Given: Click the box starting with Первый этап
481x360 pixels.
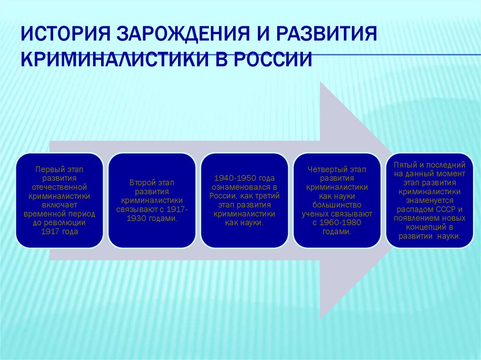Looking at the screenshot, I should click(59, 200).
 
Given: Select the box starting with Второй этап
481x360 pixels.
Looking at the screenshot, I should click(152, 200).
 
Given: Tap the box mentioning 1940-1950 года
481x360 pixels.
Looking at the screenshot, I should click(244, 200).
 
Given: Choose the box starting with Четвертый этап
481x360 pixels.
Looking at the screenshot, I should click(337, 200).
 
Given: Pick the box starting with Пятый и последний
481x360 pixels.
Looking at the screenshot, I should click(429, 200).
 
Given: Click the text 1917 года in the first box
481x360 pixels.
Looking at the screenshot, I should click(59, 232).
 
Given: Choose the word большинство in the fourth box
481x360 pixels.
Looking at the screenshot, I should click(337, 205).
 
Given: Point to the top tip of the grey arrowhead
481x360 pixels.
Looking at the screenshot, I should click(320, 82).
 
